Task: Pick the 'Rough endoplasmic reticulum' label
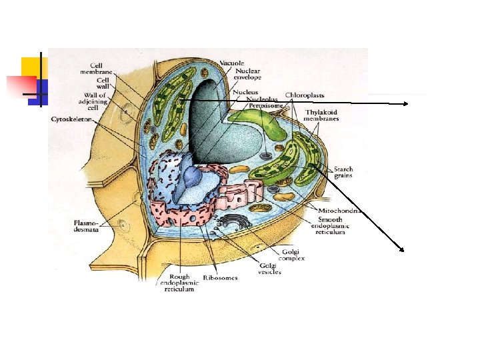coord(179,283)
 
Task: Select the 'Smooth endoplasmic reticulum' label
coord(331,225)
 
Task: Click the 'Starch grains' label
coord(343,172)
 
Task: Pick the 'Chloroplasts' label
coord(305,95)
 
